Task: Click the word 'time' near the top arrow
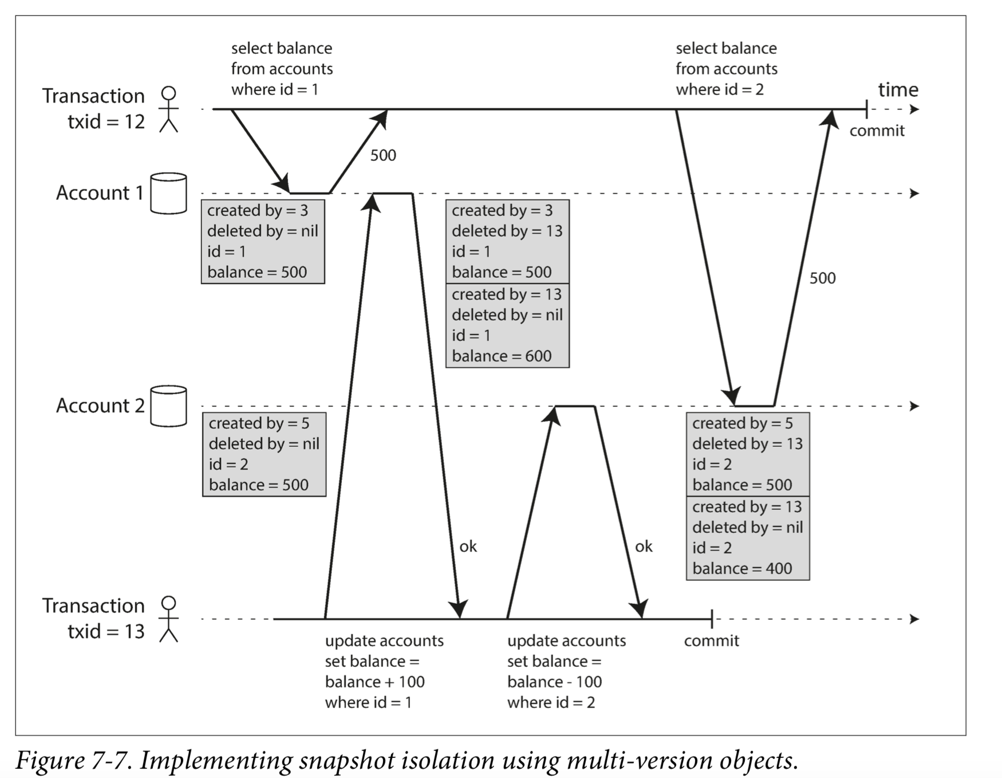[898, 89]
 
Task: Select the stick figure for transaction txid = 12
[168, 109]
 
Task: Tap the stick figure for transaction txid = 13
[168, 619]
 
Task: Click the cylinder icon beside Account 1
[168, 193]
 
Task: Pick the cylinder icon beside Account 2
[168, 406]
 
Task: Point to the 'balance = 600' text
[502, 356]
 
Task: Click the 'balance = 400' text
[742, 568]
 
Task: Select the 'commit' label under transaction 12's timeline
[877, 131]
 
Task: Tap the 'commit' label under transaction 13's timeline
[711, 641]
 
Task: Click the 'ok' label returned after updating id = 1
[468, 546]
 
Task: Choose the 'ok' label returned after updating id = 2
[644, 546]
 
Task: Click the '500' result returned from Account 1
[383, 155]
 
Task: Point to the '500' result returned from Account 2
[822, 278]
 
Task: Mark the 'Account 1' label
[100, 193]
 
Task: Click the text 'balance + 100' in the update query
[375, 682]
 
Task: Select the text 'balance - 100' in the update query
[554, 682]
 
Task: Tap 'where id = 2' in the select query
[720, 89]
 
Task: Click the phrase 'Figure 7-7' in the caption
[74, 761]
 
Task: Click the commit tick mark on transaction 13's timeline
[712, 619]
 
